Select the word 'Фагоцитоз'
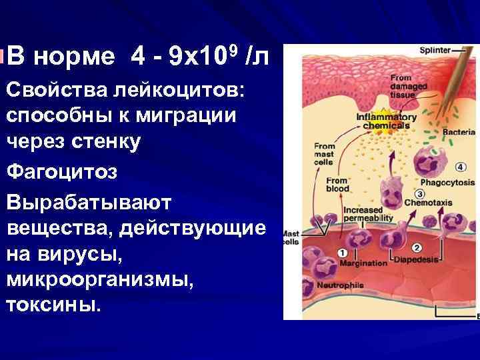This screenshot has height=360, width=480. (x=63, y=172)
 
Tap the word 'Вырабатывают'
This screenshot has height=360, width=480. (x=89, y=201)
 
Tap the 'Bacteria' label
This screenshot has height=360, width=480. (x=459, y=133)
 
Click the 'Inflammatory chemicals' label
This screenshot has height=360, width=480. (x=386, y=122)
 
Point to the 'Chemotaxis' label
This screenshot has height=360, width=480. (x=441, y=201)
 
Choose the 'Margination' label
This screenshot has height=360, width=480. (x=364, y=263)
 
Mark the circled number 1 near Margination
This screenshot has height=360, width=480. (x=342, y=253)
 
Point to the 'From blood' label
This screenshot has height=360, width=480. (x=337, y=185)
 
